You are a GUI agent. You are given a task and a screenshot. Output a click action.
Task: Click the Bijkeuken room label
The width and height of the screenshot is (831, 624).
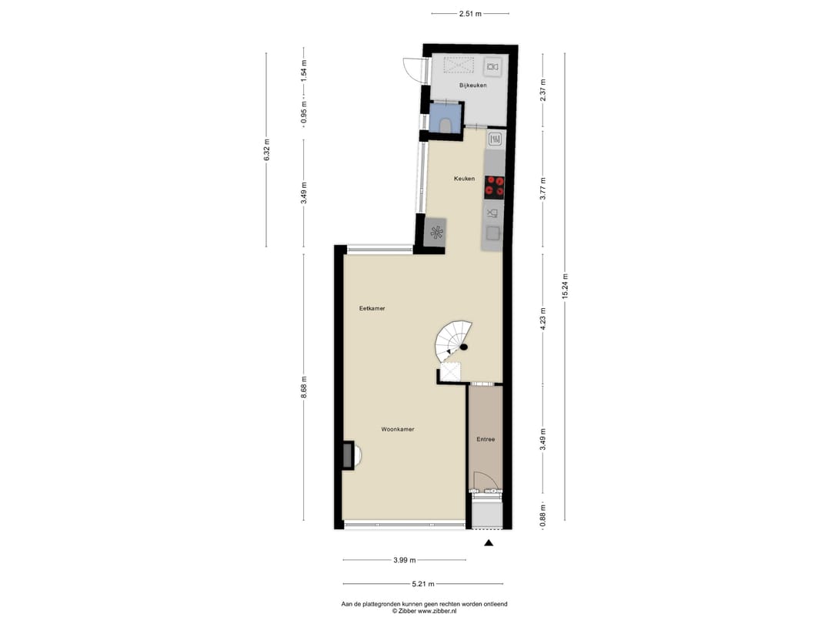tap(472, 86)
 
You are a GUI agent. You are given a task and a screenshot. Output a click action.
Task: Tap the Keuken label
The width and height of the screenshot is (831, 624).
tap(464, 179)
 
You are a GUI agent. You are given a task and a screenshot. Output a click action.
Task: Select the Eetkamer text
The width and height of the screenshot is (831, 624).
tap(372, 308)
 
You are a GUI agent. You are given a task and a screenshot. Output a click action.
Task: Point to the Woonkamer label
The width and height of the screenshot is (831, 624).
tap(398, 429)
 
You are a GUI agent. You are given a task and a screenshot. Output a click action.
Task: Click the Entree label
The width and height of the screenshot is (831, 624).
tap(486, 439)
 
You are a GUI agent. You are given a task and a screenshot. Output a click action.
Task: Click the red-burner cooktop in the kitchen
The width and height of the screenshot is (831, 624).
tap(495, 187)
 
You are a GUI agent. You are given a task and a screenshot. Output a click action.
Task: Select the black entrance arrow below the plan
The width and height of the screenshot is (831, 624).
tap(489, 543)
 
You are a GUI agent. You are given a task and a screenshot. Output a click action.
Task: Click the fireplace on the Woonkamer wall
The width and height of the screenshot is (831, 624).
tap(349, 455)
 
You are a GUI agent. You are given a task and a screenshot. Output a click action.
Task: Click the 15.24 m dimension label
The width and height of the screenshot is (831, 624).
tap(565, 287)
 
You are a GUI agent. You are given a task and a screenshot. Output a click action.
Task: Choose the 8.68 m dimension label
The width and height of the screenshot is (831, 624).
tap(304, 387)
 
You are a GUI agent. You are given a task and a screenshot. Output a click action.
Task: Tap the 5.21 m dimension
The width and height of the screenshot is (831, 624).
tap(423, 584)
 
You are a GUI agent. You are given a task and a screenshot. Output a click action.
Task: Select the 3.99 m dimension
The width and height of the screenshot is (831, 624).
tap(405, 560)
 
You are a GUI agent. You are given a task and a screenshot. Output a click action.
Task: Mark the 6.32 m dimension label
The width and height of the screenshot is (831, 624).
tap(266, 150)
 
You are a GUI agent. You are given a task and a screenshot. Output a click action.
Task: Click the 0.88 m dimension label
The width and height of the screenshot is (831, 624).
tap(542, 515)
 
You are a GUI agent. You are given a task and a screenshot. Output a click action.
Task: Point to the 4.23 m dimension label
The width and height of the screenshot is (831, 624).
tap(542, 320)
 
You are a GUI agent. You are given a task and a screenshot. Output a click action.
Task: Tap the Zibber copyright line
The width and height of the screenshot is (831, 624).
tap(424, 611)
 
